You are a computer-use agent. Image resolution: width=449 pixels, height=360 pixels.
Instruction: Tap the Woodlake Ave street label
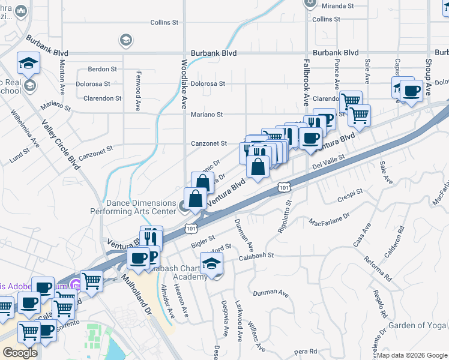pyautogui.click(x=184, y=84)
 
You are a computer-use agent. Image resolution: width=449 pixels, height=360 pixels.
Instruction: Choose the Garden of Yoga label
pyautogui.click(x=417, y=325)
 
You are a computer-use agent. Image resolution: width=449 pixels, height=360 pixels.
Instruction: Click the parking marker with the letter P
pyautogui.click(x=325, y=119)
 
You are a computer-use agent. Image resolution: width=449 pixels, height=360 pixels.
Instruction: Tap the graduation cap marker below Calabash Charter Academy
pyautogui.click(x=211, y=265)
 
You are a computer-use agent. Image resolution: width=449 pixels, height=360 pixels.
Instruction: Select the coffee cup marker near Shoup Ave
pyautogui.click(x=412, y=91)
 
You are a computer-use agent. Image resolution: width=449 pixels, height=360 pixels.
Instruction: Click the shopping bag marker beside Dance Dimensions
pyautogui.click(x=196, y=198)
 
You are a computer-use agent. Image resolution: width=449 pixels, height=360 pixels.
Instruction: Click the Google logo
pyautogui.click(x=20, y=352)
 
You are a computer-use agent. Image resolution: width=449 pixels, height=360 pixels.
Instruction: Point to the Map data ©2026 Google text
pyautogui.click(x=411, y=355)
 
